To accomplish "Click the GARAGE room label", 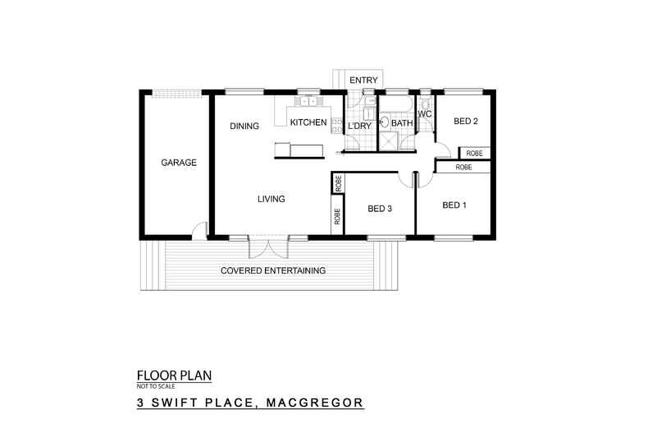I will (x=178, y=163).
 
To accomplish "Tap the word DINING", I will (x=244, y=127).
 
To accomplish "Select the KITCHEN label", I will (x=310, y=122).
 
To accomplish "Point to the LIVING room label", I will (x=271, y=199).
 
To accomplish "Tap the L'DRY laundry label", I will (x=360, y=125).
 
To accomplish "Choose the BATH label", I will (x=402, y=124).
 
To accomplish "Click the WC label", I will (x=424, y=113).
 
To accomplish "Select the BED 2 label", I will (x=465, y=122).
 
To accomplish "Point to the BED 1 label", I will (x=454, y=205).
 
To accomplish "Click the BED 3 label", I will (x=380, y=209).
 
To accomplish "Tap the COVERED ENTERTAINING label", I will (x=273, y=270).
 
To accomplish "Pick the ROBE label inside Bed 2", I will (x=474, y=154).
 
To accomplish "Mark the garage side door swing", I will (x=199, y=231).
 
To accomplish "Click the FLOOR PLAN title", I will (x=173, y=376).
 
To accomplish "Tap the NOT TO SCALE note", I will (x=155, y=386).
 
